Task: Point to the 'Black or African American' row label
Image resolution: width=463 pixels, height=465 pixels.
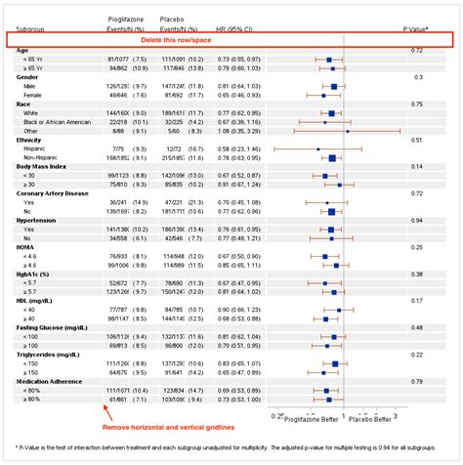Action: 61,121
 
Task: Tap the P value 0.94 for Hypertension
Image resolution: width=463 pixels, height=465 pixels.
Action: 417,220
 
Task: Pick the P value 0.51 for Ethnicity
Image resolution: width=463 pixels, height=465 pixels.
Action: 417,140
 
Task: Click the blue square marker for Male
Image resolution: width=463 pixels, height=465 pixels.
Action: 334,86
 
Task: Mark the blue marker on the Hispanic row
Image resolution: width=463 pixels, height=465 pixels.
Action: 317,148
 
